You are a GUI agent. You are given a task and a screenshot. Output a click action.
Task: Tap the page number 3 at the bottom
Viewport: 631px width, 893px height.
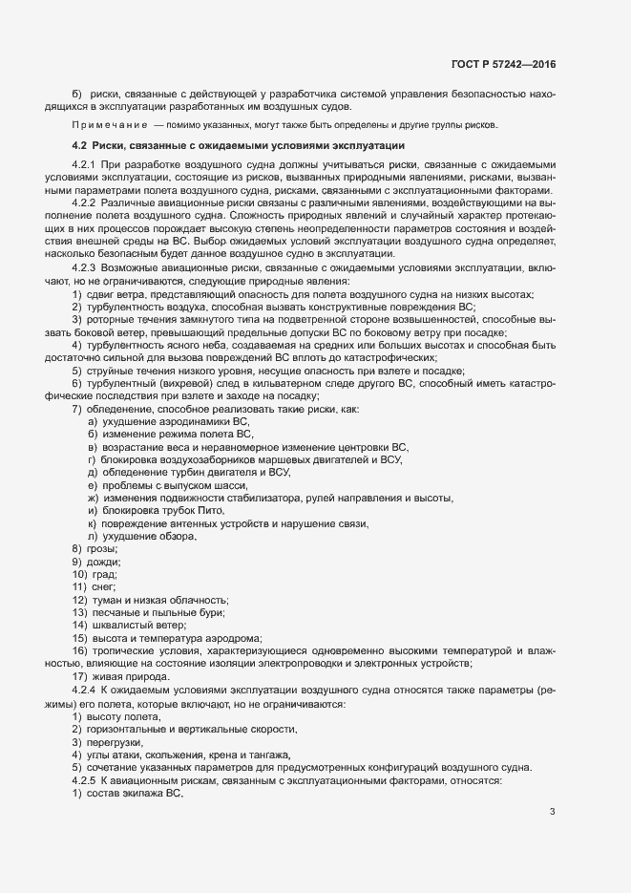552,813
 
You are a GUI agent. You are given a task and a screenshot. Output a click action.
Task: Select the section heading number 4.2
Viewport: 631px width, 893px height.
80,145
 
